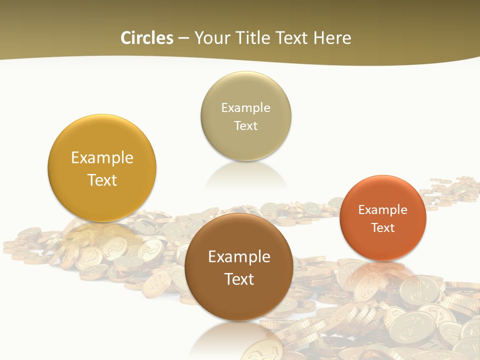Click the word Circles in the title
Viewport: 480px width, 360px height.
146,38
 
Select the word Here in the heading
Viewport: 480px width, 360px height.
332,38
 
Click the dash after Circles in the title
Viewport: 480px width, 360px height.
183,38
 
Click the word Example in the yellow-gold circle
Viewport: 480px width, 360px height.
102,158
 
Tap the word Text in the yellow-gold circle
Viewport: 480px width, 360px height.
102,180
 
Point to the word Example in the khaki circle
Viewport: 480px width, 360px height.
246,108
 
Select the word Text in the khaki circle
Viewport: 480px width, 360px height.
246,126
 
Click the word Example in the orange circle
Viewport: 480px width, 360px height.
383,210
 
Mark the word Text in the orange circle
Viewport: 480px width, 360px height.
383,228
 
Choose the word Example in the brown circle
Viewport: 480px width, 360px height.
239,257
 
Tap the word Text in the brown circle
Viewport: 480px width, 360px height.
239,279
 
